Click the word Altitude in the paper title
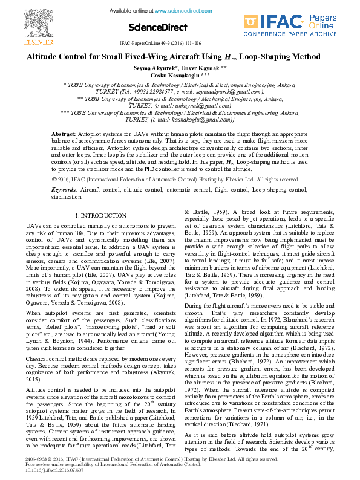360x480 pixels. click(x=43, y=56)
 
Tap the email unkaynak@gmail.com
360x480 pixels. click(x=197, y=105)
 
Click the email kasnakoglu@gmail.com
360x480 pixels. click(x=196, y=119)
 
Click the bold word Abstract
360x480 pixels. click(x=64, y=133)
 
